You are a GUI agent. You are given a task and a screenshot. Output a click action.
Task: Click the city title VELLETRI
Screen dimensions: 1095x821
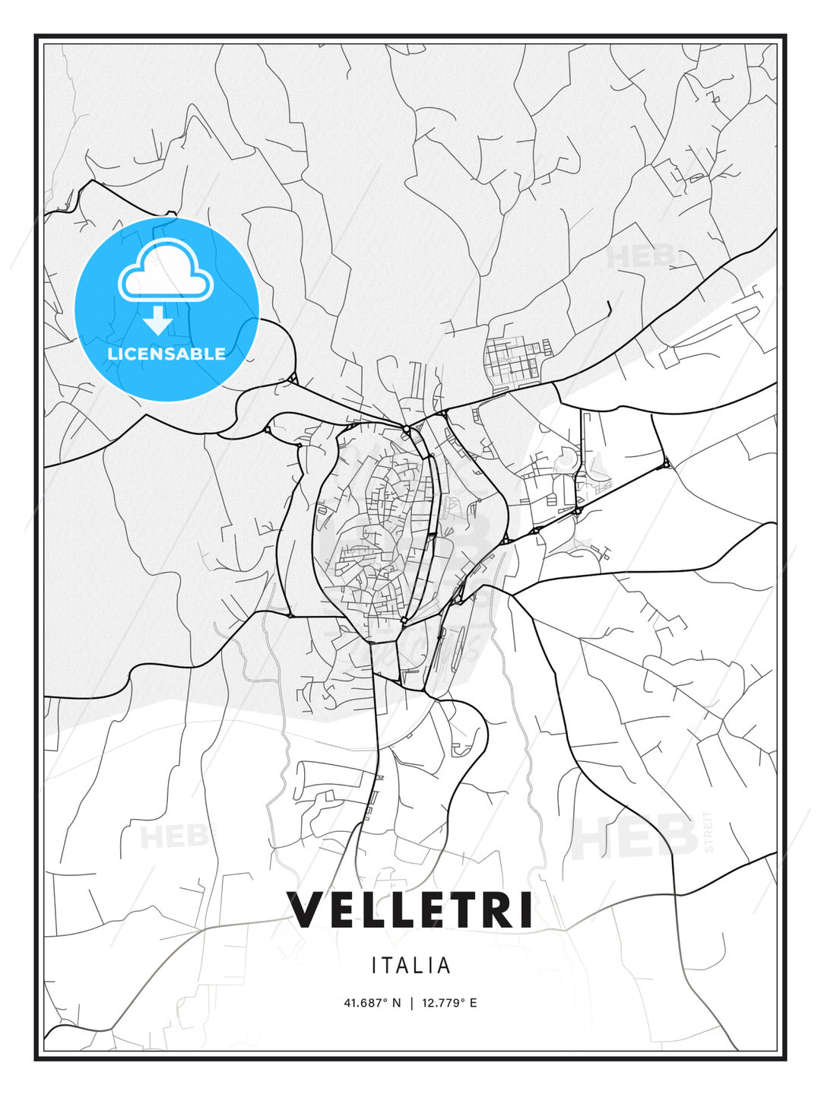410,909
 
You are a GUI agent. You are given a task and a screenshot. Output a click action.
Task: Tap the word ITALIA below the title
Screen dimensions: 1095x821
410,966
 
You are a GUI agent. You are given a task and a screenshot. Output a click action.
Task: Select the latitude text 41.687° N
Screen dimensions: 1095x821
372,1003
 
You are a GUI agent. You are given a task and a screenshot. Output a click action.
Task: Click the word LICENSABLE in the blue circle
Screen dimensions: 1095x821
166,354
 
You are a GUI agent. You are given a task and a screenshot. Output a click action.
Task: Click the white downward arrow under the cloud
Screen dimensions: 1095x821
158,321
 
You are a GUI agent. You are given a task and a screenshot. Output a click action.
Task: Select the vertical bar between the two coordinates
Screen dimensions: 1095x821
411,1003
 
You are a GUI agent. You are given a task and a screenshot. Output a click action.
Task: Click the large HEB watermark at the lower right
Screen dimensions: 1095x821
634,836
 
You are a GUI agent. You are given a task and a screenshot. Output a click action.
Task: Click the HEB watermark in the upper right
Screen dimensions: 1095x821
640,256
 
